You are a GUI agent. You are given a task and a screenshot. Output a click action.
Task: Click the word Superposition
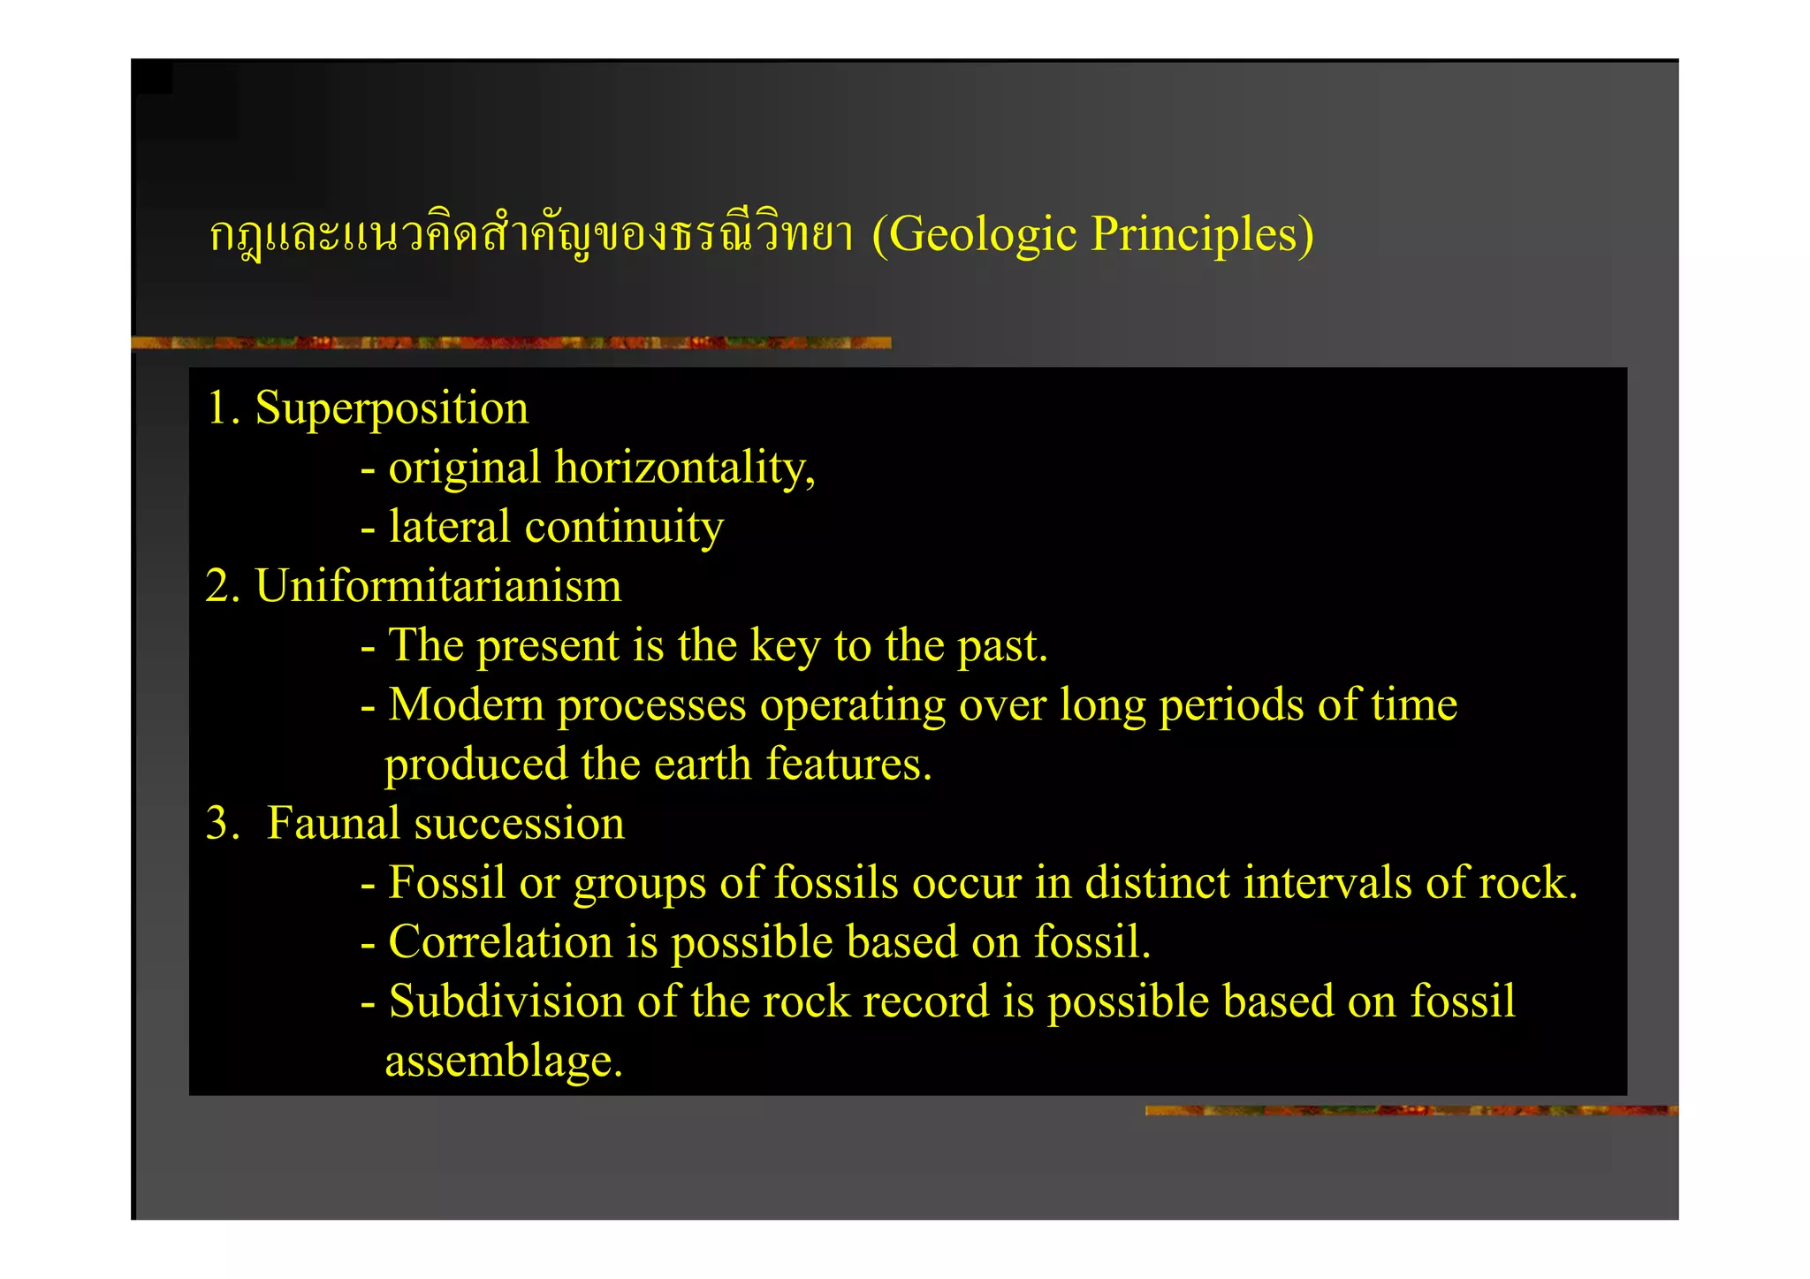point(392,409)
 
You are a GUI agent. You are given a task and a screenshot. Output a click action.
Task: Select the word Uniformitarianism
point(438,586)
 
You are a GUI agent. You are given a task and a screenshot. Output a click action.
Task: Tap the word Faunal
point(333,823)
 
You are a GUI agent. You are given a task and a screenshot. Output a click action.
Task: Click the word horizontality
point(684,468)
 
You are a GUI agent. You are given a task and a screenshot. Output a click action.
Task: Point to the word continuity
point(624,528)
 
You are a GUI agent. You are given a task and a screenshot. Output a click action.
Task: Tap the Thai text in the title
point(531,235)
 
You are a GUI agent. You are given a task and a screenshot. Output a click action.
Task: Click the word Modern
point(466,705)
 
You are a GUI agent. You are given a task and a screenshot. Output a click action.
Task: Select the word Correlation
point(500,942)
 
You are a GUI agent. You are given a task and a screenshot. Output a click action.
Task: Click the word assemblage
point(503,1061)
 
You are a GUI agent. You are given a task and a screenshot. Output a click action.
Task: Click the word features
point(848,765)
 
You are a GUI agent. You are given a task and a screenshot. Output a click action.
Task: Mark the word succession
point(519,823)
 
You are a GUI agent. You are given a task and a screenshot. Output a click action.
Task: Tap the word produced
point(475,765)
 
